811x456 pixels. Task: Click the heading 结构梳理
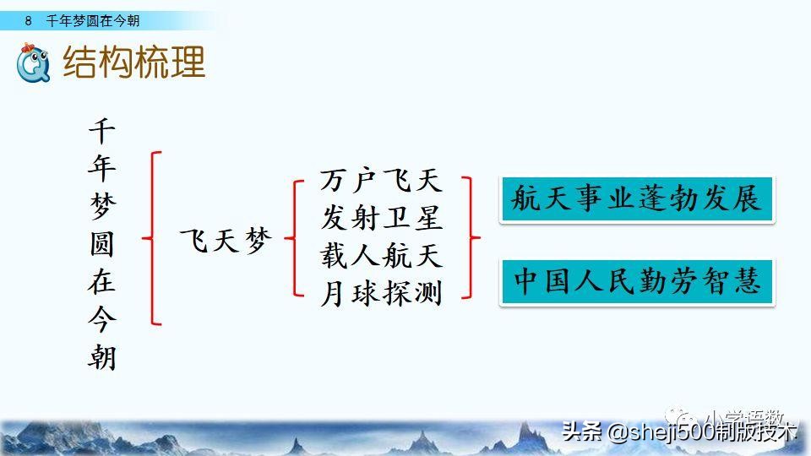[134, 62]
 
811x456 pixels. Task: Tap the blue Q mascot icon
[34, 62]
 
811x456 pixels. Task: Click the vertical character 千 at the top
[101, 133]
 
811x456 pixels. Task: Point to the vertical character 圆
[101, 246]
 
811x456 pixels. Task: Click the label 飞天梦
[226, 242]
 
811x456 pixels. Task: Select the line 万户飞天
[381, 180]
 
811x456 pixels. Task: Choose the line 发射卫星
[381, 218]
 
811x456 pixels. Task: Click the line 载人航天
[381, 255]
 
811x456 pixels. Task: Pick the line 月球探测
[381, 293]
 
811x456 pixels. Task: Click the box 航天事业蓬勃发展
[637, 199]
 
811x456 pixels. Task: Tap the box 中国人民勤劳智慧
[637, 282]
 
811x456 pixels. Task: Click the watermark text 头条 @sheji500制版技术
[680, 432]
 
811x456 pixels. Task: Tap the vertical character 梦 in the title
[101, 208]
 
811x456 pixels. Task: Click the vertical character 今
[101, 320]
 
